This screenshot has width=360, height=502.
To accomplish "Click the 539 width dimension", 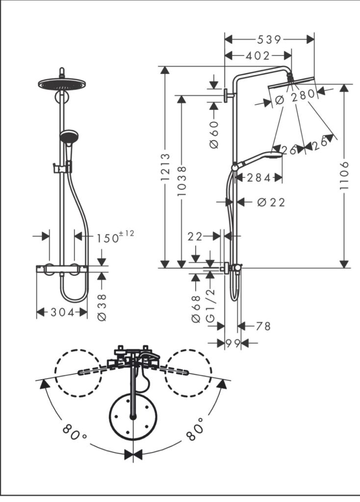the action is [x=269, y=40].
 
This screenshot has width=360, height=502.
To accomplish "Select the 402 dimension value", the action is [x=258, y=56].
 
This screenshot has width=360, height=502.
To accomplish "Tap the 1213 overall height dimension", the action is [x=165, y=167].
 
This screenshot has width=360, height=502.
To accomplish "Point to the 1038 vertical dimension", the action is [x=181, y=181].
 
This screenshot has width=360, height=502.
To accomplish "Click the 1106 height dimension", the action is [x=344, y=176].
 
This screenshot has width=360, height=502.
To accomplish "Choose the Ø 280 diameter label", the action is [x=295, y=97].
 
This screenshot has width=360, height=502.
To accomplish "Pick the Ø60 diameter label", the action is [x=214, y=134].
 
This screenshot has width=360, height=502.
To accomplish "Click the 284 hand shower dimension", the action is [x=259, y=177].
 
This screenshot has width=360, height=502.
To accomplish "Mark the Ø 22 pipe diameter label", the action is [x=271, y=202].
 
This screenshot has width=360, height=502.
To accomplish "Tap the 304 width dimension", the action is [x=62, y=312].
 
